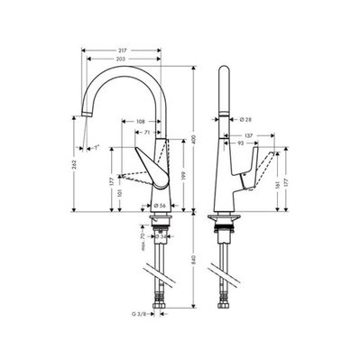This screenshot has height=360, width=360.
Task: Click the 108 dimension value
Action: coord(141,121)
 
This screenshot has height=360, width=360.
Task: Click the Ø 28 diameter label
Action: coord(245,119)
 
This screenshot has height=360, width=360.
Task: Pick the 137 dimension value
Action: coord(245,134)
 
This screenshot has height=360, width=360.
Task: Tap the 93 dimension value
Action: coord(242,143)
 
